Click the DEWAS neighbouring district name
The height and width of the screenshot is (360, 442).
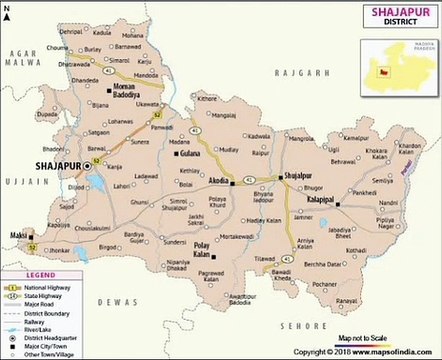pos(115,299)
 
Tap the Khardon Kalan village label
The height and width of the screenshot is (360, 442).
pos(409,149)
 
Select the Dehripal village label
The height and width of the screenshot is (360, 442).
pos(71,33)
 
